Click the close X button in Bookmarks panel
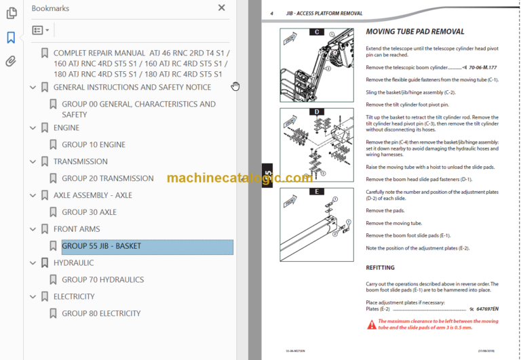tap(221, 8)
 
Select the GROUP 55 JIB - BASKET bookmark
tap(101, 246)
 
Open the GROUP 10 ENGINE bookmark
tap(93, 144)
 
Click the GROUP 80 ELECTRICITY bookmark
tap(101, 313)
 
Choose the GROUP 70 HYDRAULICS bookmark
tap(101, 279)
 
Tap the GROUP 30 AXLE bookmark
tap(89, 212)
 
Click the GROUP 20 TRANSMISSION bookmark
tap(107, 178)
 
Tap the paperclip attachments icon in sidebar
tap(11, 62)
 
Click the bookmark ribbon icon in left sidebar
tap(11, 38)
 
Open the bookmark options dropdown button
tap(40, 31)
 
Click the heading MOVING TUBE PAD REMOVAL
tap(414, 32)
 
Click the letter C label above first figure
tap(316, 32)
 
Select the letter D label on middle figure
tap(316, 112)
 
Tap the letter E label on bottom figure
tap(316, 192)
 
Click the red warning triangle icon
tap(371, 325)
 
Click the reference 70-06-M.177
tap(478, 68)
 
